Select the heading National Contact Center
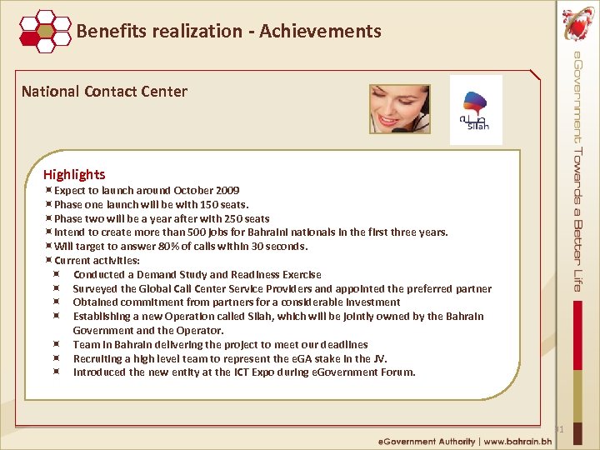click(104, 92)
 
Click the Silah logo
click(476, 110)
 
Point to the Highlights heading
click(74, 174)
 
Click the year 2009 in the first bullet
click(227, 191)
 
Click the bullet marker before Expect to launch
click(49, 191)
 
